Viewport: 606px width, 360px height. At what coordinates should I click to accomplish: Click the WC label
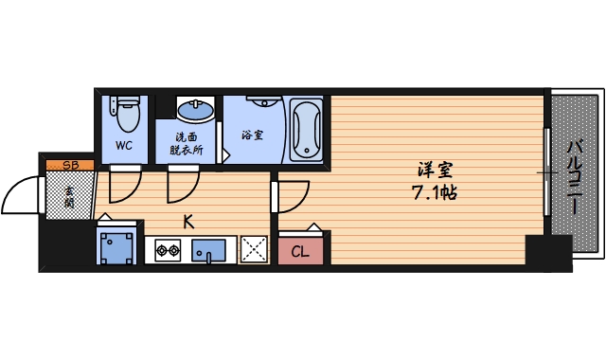click(x=123, y=145)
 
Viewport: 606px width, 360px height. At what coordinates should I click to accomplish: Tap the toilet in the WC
click(x=126, y=114)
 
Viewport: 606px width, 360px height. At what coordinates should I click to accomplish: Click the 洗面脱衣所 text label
click(x=189, y=143)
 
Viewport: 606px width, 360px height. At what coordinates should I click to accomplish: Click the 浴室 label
click(x=253, y=135)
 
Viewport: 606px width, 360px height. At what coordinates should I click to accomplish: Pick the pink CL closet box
click(x=300, y=250)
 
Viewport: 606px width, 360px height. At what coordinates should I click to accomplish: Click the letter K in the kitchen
click(x=188, y=223)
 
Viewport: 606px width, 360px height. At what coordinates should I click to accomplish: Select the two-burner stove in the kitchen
click(x=168, y=251)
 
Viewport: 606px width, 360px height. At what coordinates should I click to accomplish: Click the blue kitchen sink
click(x=208, y=251)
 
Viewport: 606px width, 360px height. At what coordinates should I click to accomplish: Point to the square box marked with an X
click(x=253, y=249)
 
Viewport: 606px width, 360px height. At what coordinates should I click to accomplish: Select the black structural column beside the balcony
click(x=548, y=252)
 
